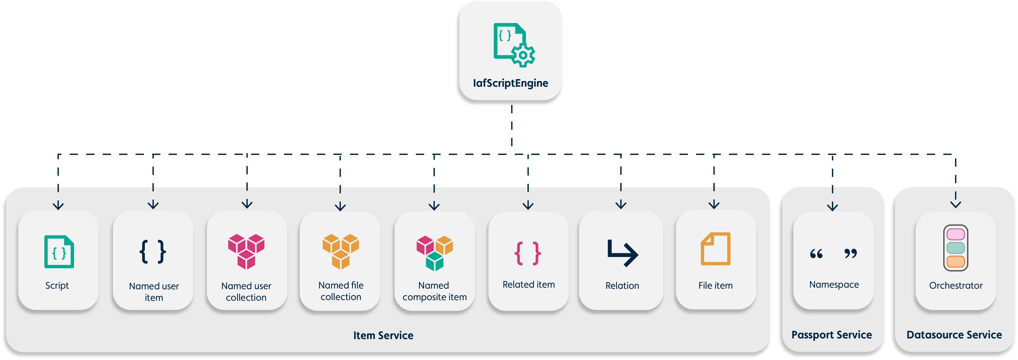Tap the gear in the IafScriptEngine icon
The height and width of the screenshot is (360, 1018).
(x=523, y=55)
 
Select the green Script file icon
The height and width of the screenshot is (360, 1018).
(x=59, y=252)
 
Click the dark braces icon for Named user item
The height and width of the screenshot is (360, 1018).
(x=153, y=251)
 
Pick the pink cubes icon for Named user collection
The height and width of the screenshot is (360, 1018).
(x=246, y=251)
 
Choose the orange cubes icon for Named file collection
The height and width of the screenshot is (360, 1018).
(x=341, y=251)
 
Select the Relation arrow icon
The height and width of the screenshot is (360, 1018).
(x=622, y=253)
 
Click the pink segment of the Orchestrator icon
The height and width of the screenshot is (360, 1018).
(x=956, y=234)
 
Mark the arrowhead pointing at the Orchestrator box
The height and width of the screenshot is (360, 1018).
(x=956, y=204)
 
